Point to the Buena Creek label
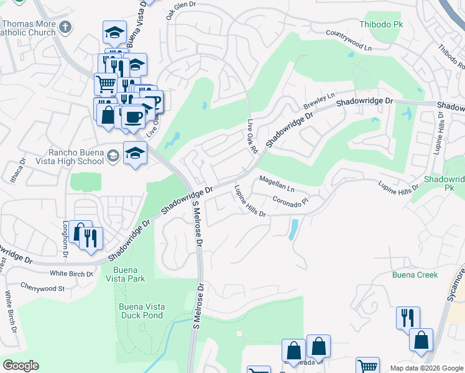(x=415, y=275)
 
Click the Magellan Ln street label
(x=276, y=183)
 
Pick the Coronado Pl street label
(x=290, y=201)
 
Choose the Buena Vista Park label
(x=129, y=274)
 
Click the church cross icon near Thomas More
(x=67, y=27)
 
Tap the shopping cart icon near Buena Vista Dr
(x=106, y=83)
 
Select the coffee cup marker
(x=132, y=116)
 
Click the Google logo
(x=21, y=366)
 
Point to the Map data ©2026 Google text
(x=426, y=368)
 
